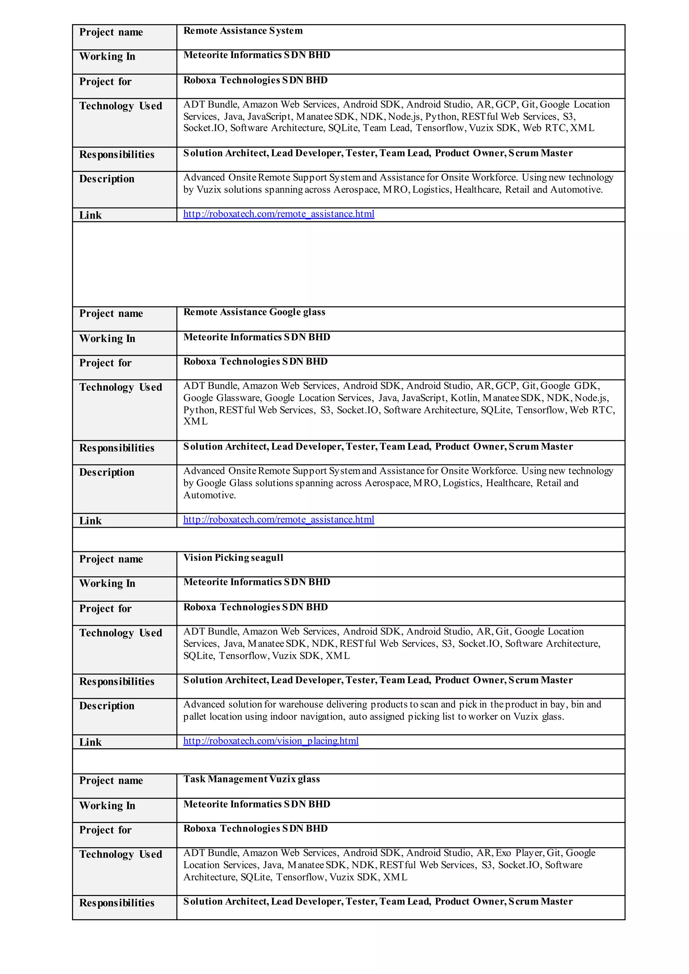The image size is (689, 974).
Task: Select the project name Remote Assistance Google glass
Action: pos(254,312)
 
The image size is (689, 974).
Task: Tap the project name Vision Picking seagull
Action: pos(233,558)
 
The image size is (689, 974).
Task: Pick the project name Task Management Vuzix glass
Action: pos(251,779)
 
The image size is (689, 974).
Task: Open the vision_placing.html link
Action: pos(271,741)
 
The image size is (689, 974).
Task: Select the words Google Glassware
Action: pos(223,398)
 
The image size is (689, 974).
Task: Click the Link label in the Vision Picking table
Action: pos(90,742)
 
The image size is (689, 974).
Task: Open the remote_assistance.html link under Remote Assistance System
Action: pos(279,214)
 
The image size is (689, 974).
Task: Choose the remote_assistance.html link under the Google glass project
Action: pos(279,520)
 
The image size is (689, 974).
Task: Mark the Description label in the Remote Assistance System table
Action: pos(107,179)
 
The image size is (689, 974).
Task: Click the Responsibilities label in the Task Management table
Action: pos(117,903)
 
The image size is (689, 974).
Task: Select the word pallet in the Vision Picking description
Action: pos(195,717)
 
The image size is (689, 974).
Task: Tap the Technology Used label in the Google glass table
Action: pos(120,387)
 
